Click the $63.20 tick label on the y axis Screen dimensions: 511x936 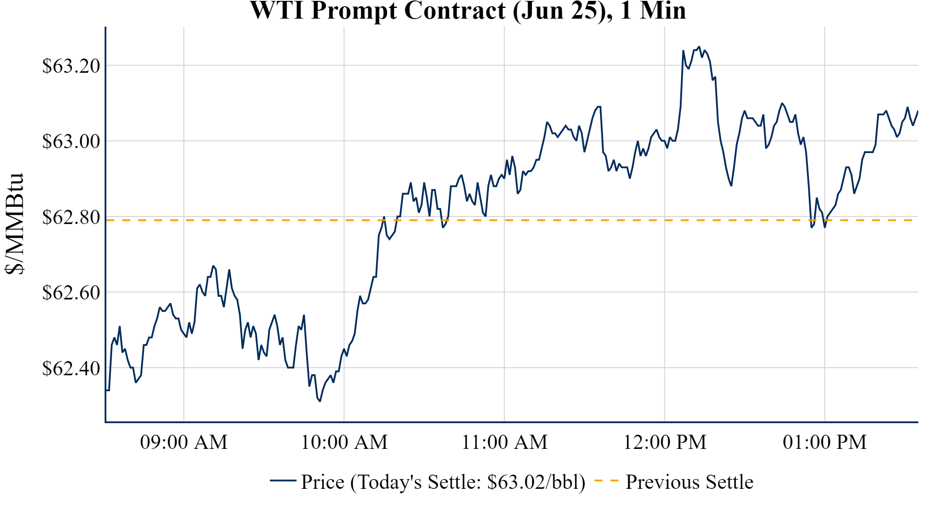(71, 66)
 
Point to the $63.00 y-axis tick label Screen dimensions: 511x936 (71, 142)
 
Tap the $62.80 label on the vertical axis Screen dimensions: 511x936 (71, 217)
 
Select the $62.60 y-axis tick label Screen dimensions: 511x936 (71, 293)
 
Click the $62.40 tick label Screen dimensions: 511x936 (71, 368)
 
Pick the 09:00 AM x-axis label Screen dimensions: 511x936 (184, 442)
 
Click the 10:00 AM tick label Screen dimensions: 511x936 (344, 442)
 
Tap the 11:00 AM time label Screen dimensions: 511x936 (504, 442)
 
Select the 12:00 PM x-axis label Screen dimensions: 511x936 (665, 442)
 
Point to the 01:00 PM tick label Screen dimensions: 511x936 (825, 442)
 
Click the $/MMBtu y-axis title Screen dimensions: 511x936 (15, 224)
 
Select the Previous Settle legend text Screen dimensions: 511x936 (689, 482)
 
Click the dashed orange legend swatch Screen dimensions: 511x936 (606, 481)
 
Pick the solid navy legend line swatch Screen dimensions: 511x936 (283, 481)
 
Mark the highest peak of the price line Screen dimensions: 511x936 (699, 47)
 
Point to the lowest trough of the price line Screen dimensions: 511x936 (320, 401)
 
